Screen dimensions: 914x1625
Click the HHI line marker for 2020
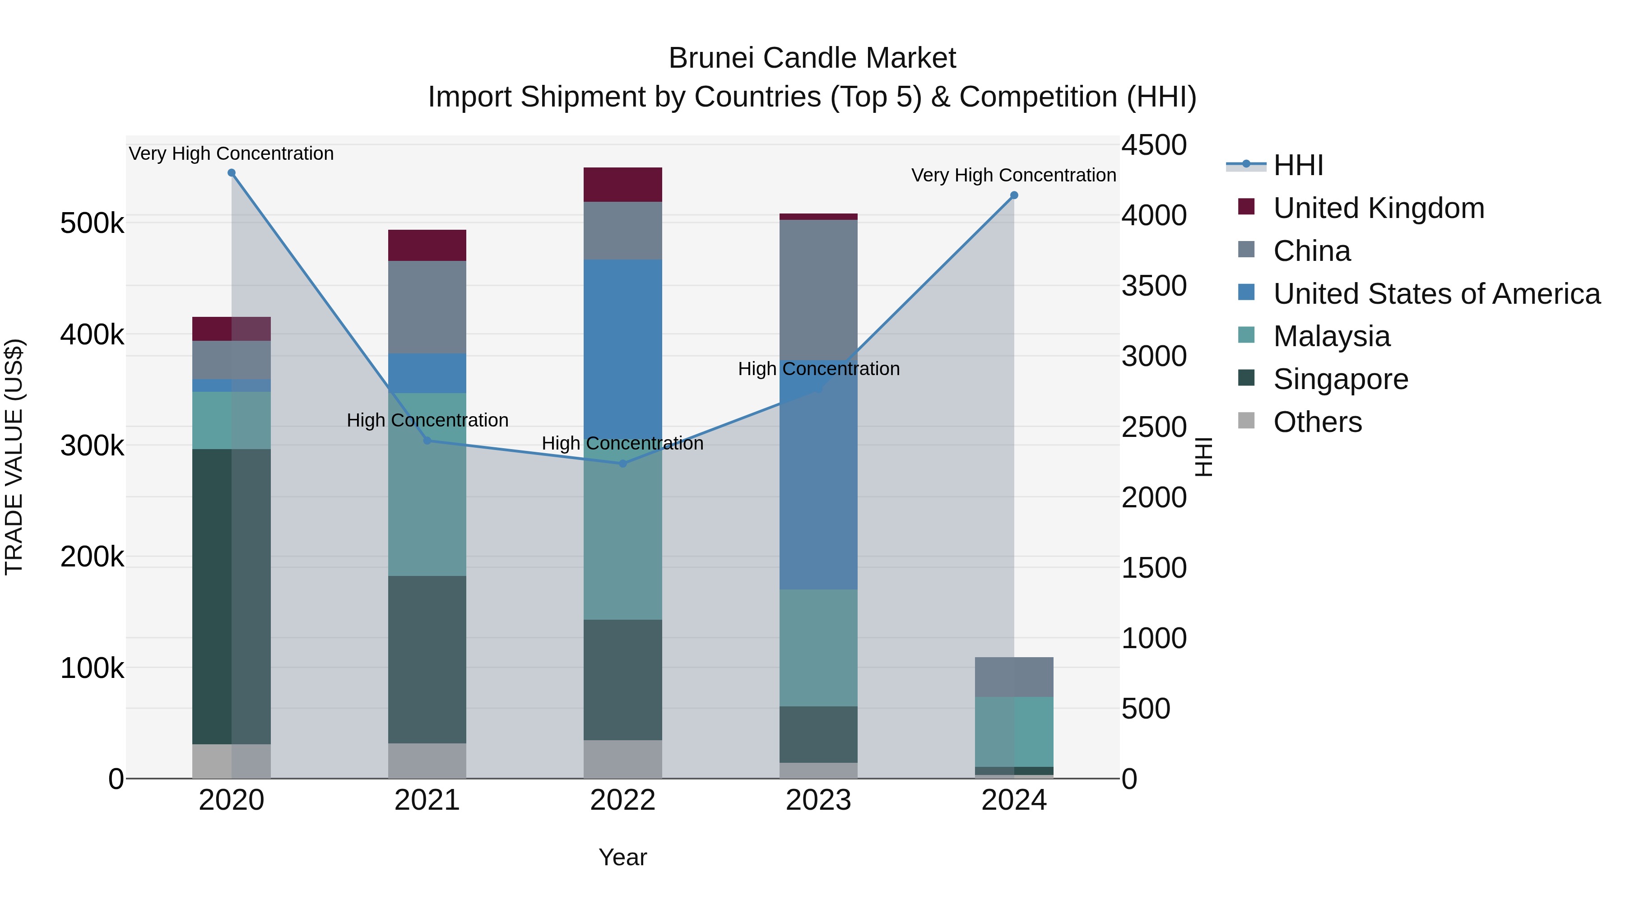232,173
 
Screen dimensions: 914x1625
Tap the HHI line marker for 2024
1014,195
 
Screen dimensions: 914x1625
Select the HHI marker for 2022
622,464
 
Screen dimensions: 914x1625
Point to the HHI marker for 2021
427,441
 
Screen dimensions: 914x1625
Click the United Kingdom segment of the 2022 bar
622,185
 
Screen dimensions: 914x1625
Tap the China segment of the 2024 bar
1014,677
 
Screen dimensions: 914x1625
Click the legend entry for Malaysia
1331,336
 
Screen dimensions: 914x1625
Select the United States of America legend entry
1436,294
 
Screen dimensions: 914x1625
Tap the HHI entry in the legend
1298,165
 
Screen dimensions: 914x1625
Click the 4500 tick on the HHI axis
1154,145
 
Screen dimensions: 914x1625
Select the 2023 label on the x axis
818,800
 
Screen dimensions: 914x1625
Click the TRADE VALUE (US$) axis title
14,457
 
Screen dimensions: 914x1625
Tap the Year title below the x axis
622,857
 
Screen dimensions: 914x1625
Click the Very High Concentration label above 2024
1014,176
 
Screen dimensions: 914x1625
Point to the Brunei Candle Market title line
812,58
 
